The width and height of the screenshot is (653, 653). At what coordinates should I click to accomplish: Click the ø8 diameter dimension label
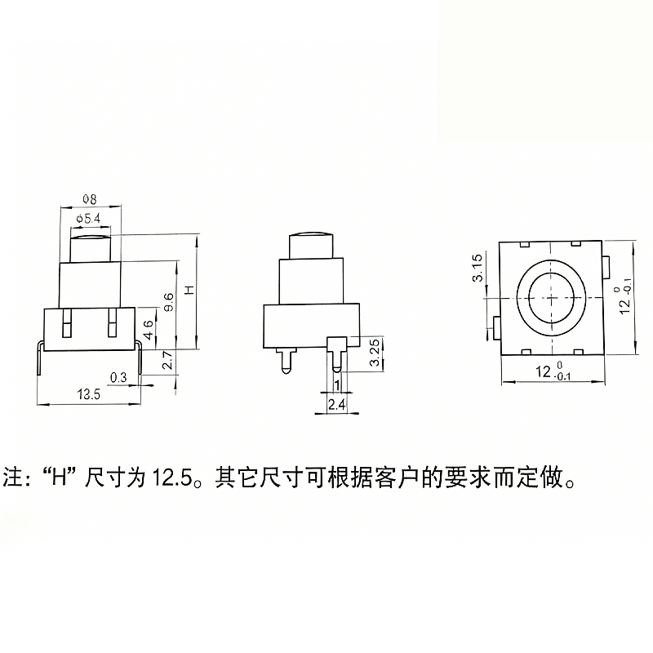click(90, 199)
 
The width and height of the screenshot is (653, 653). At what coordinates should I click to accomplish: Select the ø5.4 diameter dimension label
click(89, 219)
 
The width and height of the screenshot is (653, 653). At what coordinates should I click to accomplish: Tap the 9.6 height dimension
click(169, 302)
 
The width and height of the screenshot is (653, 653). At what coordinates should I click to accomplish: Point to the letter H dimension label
click(189, 290)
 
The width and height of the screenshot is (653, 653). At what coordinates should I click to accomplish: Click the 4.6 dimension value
click(149, 330)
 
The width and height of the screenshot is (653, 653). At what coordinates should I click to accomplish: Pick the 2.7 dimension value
click(167, 361)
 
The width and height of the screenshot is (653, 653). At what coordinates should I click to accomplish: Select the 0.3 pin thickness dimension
click(118, 378)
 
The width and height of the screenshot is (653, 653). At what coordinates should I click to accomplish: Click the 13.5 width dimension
click(89, 394)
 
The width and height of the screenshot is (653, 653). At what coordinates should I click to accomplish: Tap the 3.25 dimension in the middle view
click(375, 353)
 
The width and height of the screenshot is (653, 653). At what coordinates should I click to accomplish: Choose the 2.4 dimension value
click(336, 405)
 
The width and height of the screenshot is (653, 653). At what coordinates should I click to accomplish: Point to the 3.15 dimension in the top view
click(478, 268)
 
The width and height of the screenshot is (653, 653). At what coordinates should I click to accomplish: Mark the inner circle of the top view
click(551, 298)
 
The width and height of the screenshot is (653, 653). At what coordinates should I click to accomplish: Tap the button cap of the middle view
click(311, 246)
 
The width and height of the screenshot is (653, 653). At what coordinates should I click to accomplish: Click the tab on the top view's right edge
click(606, 268)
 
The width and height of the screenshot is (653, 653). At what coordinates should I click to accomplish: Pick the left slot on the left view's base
click(66, 322)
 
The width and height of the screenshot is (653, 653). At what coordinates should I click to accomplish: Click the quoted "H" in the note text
click(60, 478)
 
